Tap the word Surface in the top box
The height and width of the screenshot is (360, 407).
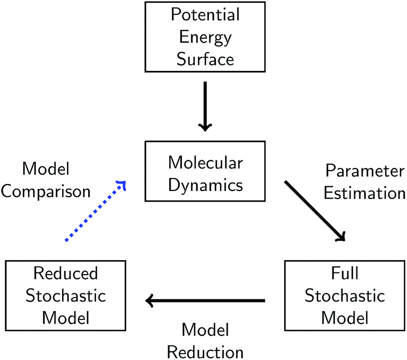click(x=205, y=58)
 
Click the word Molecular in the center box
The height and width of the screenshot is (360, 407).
click(x=205, y=163)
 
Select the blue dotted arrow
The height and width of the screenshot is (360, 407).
click(x=95, y=211)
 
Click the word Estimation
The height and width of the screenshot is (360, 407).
click(x=365, y=193)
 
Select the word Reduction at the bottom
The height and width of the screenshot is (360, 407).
click(x=206, y=351)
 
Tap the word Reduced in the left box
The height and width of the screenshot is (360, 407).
click(x=66, y=274)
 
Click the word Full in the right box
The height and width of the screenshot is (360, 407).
click(x=345, y=274)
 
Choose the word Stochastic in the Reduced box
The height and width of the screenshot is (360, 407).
click(x=66, y=296)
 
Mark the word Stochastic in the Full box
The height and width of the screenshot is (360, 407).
click(x=345, y=296)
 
